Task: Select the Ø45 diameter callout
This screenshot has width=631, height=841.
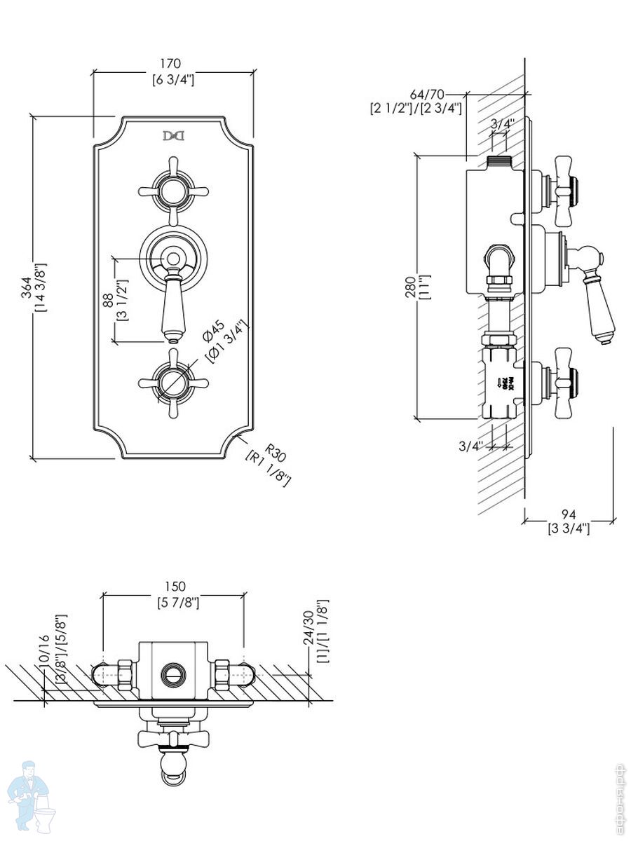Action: click(213, 331)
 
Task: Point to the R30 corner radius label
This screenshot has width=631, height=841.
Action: click(276, 453)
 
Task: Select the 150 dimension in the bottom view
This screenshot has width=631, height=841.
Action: click(173, 586)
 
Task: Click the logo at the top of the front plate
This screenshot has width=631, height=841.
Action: click(172, 135)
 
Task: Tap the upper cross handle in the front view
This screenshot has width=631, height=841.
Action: click(172, 189)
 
